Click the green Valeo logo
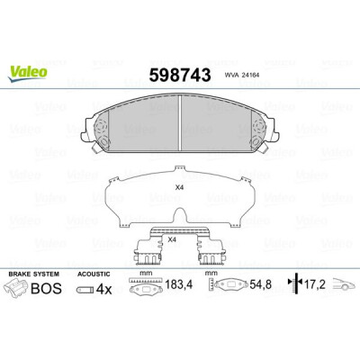pyautogui.click(x=28, y=74)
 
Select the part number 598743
pyautogui.click(x=180, y=75)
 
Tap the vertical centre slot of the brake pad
pyautogui.click(x=180, y=123)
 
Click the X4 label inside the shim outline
pyautogui.click(x=179, y=188)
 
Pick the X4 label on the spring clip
pyautogui.click(x=172, y=239)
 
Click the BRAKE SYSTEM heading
pyautogui.click(x=34, y=274)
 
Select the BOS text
pyautogui.click(x=46, y=289)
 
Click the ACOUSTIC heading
pyautogui.click(x=94, y=274)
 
